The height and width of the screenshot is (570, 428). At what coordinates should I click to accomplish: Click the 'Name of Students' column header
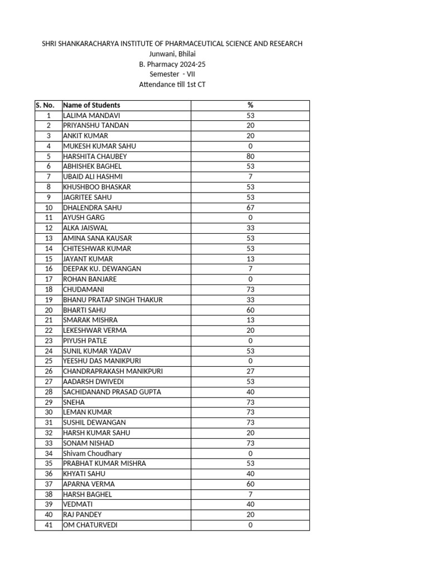point(91,105)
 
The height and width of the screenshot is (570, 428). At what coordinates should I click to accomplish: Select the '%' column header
point(250,105)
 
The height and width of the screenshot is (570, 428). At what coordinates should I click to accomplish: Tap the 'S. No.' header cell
point(45,105)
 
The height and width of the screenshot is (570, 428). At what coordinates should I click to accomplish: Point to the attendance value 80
point(250,156)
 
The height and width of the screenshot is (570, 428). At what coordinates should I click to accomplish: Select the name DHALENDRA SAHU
point(92,208)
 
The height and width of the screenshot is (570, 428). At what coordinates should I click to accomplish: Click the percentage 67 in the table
point(250,208)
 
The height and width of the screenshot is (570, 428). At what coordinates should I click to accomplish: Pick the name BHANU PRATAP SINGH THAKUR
point(113,300)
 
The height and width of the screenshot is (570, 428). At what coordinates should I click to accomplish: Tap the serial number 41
point(48,525)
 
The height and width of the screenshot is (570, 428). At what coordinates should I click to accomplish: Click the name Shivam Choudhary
point(92,454)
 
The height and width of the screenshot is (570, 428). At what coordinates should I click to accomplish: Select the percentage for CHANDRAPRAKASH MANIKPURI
point(250,371)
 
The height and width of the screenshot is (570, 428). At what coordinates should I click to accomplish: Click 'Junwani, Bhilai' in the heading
point(172,54)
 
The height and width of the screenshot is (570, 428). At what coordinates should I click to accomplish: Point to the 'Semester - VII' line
point(172,74)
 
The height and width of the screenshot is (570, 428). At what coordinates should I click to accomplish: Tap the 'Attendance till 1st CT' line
point(172,85)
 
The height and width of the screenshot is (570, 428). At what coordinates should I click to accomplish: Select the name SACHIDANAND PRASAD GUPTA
point(112,392)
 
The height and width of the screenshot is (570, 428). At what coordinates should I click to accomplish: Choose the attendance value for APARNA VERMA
point(250,484)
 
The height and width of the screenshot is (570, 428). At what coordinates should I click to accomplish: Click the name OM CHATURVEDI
point(90,525)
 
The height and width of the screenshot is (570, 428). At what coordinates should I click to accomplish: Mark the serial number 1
point(48,116)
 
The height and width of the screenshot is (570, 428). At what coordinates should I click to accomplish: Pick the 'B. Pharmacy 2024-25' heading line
point(172,64)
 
